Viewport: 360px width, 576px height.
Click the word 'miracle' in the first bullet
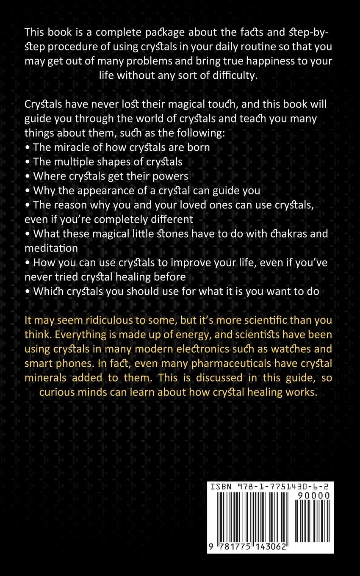point(69,147)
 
